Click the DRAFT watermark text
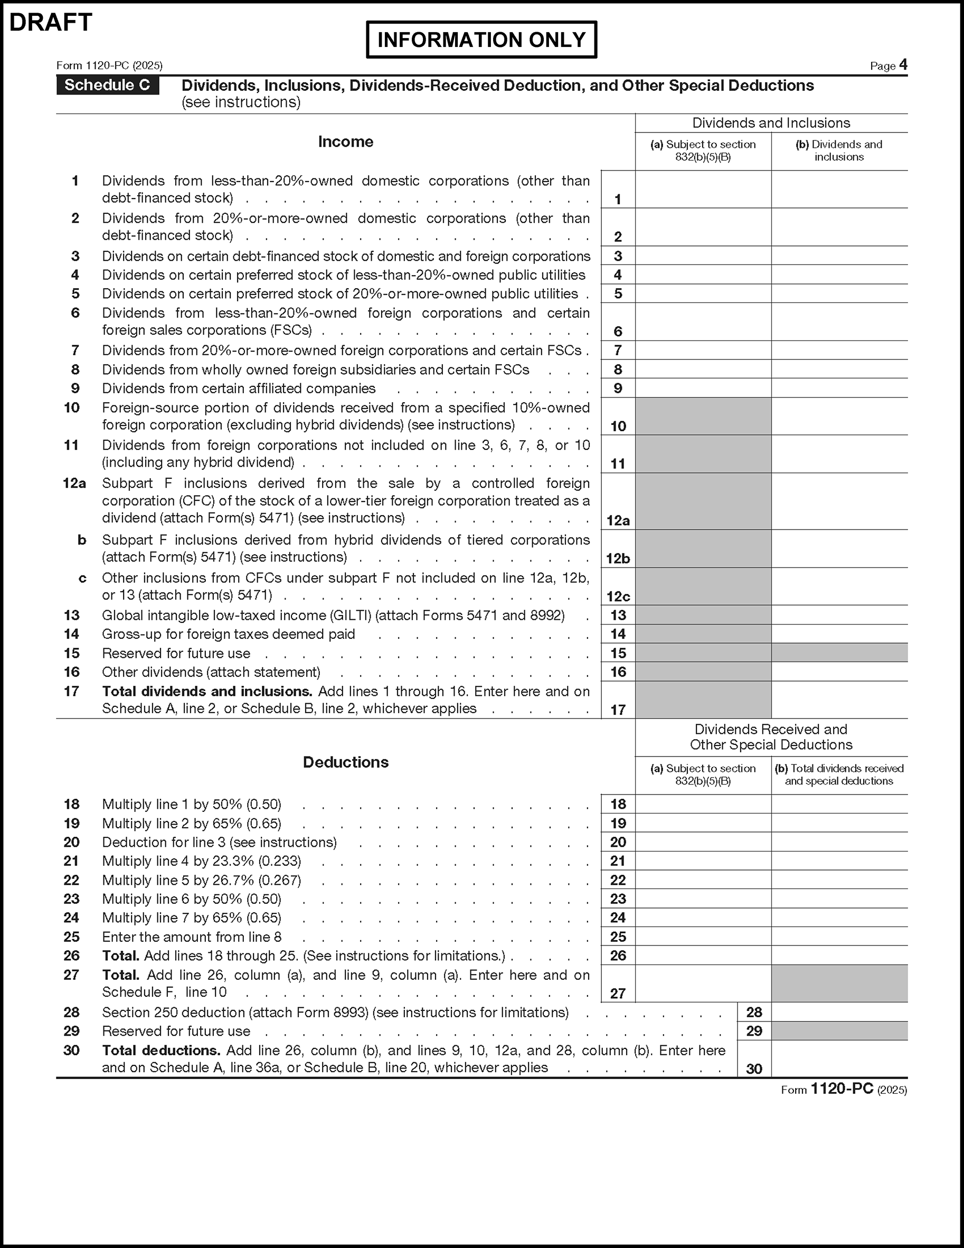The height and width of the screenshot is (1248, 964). click(x=51, y=23)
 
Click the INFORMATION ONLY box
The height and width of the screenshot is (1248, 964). click(x=481, y=40)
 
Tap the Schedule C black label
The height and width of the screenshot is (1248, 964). click(x=107, y=85)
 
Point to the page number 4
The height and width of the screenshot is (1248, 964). click(x=903, y=64)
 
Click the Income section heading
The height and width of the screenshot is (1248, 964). click(x=345, y=141)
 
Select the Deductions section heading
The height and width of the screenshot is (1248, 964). click(x=345, y=762)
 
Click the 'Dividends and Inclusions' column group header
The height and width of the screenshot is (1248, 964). click(x=771, y=123)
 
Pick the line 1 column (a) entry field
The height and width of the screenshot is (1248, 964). click(x=703, y=189)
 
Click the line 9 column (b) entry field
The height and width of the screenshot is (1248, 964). click(x=839, y=388)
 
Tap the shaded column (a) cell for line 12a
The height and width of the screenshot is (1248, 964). click(x=703, y=501)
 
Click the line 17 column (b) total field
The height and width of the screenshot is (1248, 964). click(x=839, y=699)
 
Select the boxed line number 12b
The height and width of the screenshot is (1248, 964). click(x=618, y=559)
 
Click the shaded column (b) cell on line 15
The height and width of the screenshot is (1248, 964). click(x=839, y=653)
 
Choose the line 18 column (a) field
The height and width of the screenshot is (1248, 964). click(x=703, y=804)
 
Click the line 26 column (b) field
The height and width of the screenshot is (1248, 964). click(x=839, y=956)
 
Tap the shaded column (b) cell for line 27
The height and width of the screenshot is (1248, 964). click(x=839, y=984)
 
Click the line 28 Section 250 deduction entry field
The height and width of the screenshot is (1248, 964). click(x=839, y=1012)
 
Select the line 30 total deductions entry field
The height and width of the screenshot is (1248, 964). click(x=839, y=1059)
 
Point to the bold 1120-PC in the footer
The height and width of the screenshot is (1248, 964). click(x=842, y=1089)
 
